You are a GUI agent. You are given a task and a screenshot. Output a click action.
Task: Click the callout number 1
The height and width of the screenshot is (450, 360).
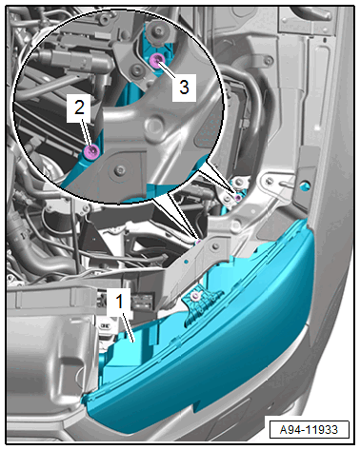pyautogui.click(x=119, y=302)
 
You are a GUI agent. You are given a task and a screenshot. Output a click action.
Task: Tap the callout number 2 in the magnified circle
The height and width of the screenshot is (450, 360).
pyautogui.click(x=79, y=107)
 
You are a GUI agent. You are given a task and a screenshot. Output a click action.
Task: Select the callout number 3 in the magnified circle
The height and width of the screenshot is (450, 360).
pyautogui.click(x=184, y=87)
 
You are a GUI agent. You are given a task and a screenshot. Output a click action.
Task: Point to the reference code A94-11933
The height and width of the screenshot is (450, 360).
pyautogui.click(x=309, y=429)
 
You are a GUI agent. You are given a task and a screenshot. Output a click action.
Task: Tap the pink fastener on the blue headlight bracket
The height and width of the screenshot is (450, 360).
pyautogui.click(x=195, y=297)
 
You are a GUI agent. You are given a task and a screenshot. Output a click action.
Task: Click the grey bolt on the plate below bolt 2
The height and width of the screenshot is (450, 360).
pyautogui.click(x=120, y=171)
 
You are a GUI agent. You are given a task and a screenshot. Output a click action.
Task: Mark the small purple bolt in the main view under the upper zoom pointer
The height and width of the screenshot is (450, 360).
pyautogui.click(x=238, y=198)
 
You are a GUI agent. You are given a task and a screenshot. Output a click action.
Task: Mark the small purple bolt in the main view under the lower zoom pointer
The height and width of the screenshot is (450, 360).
pyautogui.click(x=198, y=243)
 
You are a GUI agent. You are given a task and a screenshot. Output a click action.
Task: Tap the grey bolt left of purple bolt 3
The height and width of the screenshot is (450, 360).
pyautogui.click(x=138, y=69)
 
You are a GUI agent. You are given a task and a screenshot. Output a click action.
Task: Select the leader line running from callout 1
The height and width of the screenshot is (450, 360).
pyautogui.click(x=128, y=326)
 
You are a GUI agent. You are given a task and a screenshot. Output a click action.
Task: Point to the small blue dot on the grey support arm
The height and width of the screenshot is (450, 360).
pyautogui.click(x=187, y=262)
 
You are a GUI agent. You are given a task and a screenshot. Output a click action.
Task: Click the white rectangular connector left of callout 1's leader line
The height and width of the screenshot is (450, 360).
pyautogui.click(x=105, y=326)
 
